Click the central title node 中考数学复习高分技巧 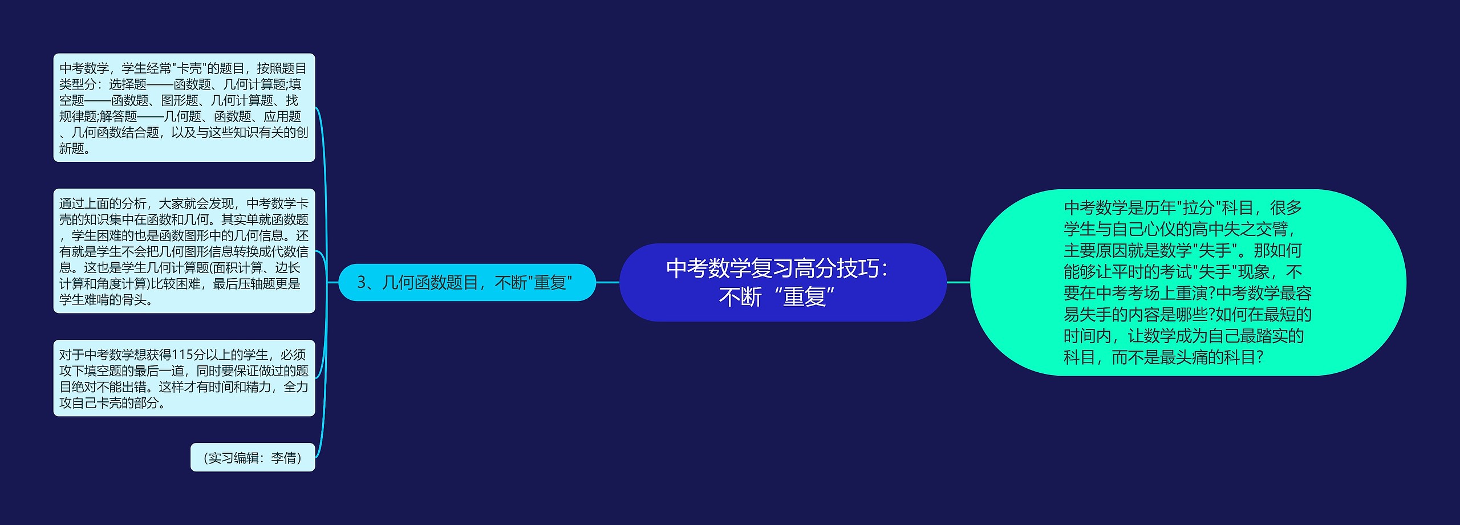782,282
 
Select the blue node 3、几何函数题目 467,283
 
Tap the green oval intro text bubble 1187,282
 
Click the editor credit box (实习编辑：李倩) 253,458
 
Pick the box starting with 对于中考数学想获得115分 184,379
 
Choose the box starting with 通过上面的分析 184,251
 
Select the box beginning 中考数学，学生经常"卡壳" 184,108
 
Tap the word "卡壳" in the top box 189,69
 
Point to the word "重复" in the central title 804,297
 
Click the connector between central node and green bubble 958,282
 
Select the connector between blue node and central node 607,282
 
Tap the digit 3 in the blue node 361,283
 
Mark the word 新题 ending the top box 72,149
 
